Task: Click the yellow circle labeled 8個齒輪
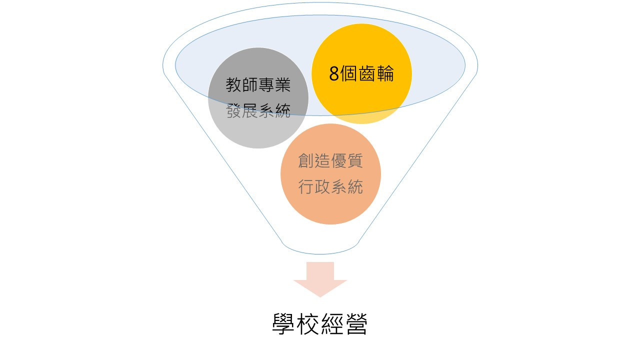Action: pos(361,73)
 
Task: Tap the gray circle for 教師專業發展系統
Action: pos(258,98)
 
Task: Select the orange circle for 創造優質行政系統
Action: pos(330,174)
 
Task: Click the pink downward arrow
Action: pos(320,279)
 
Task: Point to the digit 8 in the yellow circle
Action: pos(334,73)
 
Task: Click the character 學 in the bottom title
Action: pos(283,323)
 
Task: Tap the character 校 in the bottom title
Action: pos(307,323)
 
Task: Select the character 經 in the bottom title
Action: pos(332,323)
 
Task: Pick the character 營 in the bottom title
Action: pos(357,323)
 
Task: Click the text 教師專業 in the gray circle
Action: pos(258,85)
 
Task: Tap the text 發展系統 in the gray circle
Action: pos(258,111)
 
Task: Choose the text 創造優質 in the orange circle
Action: pos(330,161)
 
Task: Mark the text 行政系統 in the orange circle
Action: pos(330,187)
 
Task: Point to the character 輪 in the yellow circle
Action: pos(385,73)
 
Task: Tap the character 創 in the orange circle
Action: pos(306,161)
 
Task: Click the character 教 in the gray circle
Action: pos(234,85)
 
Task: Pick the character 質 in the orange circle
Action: pos(355,161)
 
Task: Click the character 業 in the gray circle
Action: pos(283,85)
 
